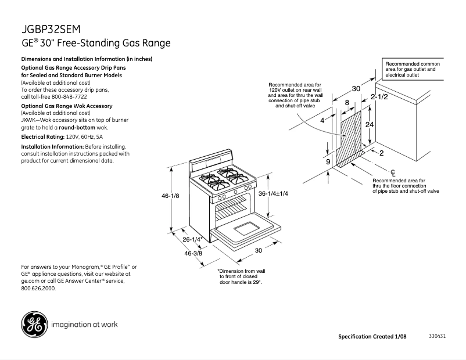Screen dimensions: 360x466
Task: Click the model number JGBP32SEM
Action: (51, 29)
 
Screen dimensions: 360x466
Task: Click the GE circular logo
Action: (34, 324)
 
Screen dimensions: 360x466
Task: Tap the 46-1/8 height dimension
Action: (170, 196)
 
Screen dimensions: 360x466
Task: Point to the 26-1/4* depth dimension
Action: (192, 239)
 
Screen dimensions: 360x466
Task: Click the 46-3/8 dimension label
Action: (193, 253)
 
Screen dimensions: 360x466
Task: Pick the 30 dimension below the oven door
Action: (258, 251)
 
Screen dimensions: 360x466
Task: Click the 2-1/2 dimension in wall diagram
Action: (379, 97)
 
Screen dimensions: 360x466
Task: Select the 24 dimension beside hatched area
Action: (369, 125)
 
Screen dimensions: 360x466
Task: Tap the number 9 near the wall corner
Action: (328, 161)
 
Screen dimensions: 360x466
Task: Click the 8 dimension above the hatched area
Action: (347, 103)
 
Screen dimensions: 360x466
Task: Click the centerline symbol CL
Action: (393, 172)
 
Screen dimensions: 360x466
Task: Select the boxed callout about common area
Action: (413, 69)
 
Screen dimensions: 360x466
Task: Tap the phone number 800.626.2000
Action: (38, 288)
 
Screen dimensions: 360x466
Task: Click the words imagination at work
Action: (85, 324)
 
